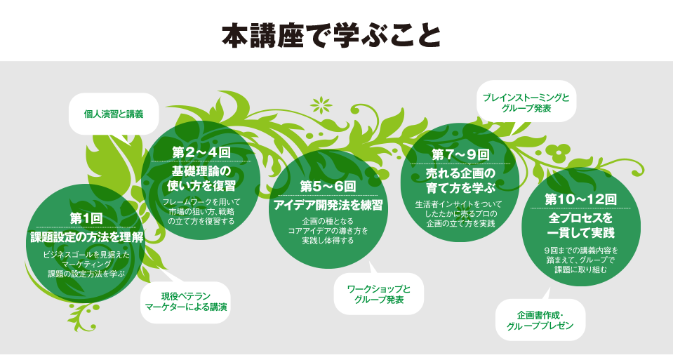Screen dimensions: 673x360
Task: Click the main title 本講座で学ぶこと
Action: [331, 36]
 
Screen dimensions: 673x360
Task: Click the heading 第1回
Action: [86, 218]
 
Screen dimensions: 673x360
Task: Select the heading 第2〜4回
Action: [201, 152]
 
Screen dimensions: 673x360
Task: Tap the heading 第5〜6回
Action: [328, 186]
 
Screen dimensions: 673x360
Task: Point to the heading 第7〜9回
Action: [460, 154]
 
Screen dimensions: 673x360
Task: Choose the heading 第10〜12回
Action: [581, 199]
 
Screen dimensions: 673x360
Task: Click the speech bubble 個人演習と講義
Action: [113, 114]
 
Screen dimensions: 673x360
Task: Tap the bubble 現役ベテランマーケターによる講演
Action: [185, 302]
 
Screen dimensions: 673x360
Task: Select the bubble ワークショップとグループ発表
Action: [378, 294]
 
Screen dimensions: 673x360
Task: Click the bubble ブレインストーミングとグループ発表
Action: [526, 103]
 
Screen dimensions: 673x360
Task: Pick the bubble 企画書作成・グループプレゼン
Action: [540, 320]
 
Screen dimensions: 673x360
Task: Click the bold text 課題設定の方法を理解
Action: [87, 237]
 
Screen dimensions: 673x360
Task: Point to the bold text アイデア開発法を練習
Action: [328, 205]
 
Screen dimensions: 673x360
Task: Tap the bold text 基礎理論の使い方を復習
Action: [201, 178]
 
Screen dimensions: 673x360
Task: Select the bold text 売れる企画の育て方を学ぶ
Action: [460, 180]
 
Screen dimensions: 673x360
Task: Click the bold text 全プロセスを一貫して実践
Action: [581, 225]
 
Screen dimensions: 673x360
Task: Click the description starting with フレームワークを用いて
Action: [201, 211]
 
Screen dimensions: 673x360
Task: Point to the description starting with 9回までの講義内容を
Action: [581, 260]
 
